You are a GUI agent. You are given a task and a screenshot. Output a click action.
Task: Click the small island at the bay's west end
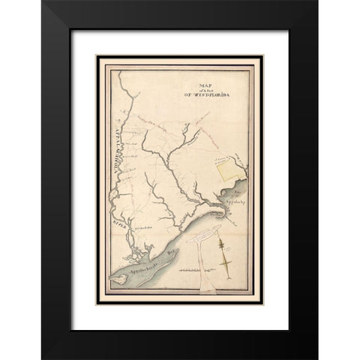pos(118,278)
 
